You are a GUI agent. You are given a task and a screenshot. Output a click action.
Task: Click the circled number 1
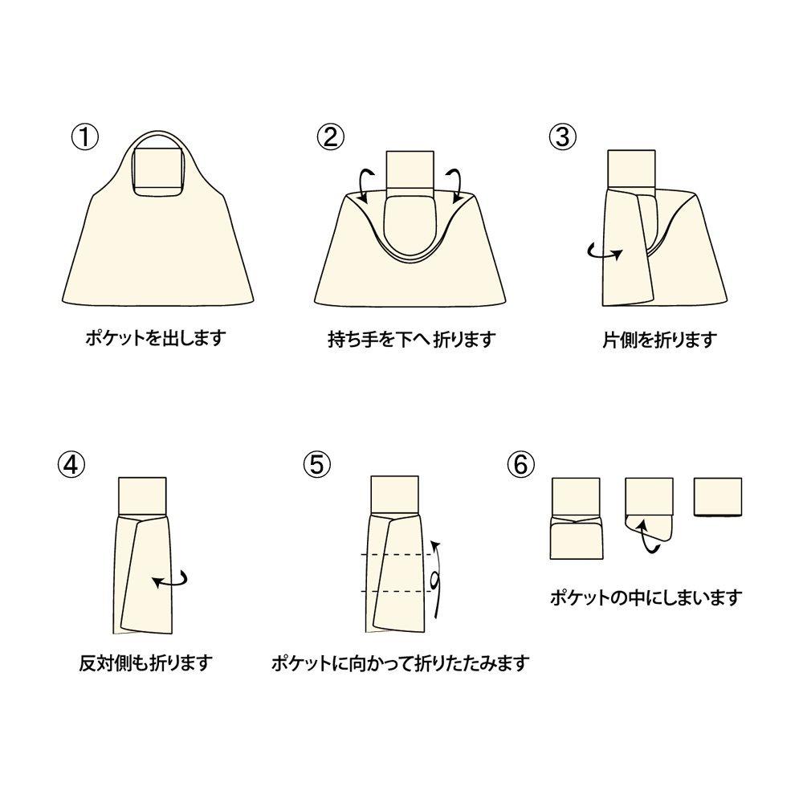click(84, 137)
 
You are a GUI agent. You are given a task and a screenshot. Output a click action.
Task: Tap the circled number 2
click(331, 137)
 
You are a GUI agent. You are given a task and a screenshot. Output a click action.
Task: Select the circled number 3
click(562, 137)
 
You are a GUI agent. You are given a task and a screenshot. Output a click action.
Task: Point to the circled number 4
click(71, 466)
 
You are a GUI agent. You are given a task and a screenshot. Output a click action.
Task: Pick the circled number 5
click(317, 464)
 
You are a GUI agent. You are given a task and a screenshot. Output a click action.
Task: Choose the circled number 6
click(520, 464)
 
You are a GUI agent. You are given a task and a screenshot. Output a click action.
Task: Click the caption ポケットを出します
click(156, 338)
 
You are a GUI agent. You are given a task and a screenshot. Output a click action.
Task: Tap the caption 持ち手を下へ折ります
click(412, 339)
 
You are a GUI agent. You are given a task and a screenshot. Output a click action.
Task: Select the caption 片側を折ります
click(659, 339)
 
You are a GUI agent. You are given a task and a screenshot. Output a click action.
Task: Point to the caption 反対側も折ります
click(145, 663)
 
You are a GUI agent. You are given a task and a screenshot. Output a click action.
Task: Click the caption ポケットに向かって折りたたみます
click(400, 663)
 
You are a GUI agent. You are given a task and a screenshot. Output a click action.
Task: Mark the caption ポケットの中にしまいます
click(646, 597)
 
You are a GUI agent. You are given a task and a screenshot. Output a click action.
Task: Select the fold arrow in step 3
click(605, 252)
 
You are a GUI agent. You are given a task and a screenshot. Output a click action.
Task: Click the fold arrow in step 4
click(171, 581)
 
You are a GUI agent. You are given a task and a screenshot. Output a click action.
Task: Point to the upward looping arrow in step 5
click(437, 579)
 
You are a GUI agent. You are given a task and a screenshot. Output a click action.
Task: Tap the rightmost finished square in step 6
click(718, 497)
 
